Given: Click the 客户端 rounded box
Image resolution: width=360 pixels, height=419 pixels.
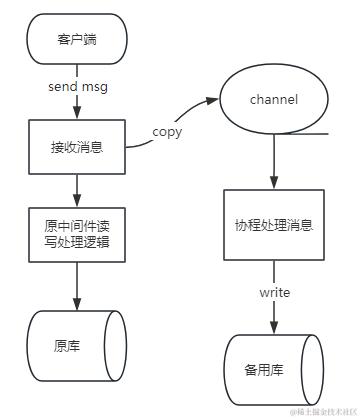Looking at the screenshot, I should [77, 40].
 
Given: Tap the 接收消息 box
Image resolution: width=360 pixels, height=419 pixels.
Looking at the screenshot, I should [77, 146].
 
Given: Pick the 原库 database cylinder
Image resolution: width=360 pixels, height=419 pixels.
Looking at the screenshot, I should [77, 344].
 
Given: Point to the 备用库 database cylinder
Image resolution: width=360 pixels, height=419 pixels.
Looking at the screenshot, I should [273, 368].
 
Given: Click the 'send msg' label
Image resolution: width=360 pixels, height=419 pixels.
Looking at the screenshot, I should [77, 87].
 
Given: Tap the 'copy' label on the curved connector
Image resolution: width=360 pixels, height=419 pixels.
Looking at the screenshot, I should [166, 131].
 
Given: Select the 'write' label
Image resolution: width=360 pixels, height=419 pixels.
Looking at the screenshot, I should [274, 293].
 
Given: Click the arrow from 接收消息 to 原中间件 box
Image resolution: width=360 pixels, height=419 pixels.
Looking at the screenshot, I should [77, 187].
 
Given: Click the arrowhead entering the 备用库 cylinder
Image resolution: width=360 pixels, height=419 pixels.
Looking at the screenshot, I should [273, 326].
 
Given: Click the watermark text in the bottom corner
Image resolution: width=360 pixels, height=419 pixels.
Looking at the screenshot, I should [323, 411].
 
